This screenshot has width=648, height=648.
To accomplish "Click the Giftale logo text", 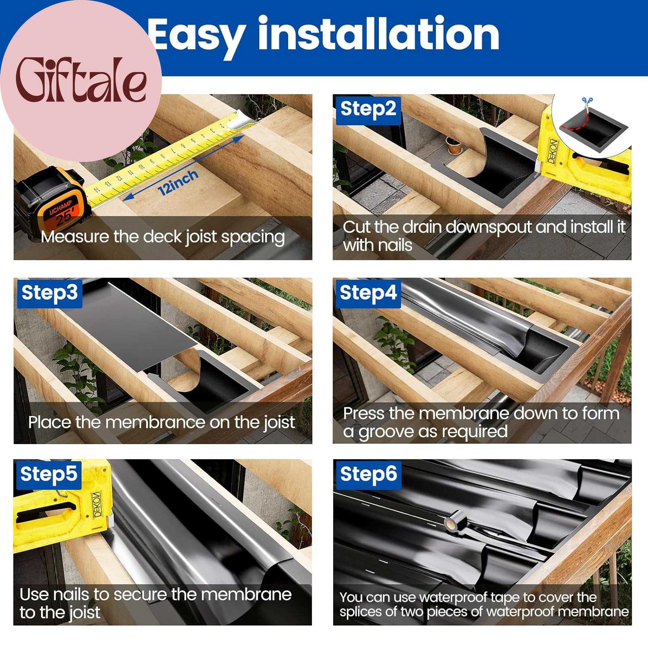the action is coord(81,80).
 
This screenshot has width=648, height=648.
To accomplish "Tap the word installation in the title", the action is coord(378,34).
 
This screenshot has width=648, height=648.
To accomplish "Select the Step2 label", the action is coord(368,109).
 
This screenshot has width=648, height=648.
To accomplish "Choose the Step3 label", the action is coord(50,293).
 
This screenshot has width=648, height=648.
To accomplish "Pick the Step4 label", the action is coord(368,293).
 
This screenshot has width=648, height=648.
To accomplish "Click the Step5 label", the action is coord(49,474).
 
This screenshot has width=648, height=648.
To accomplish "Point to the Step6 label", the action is coord(368,474).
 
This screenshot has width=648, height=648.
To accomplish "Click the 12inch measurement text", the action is coord(178,182).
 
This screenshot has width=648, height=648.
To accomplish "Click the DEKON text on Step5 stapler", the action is coord(97,504).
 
